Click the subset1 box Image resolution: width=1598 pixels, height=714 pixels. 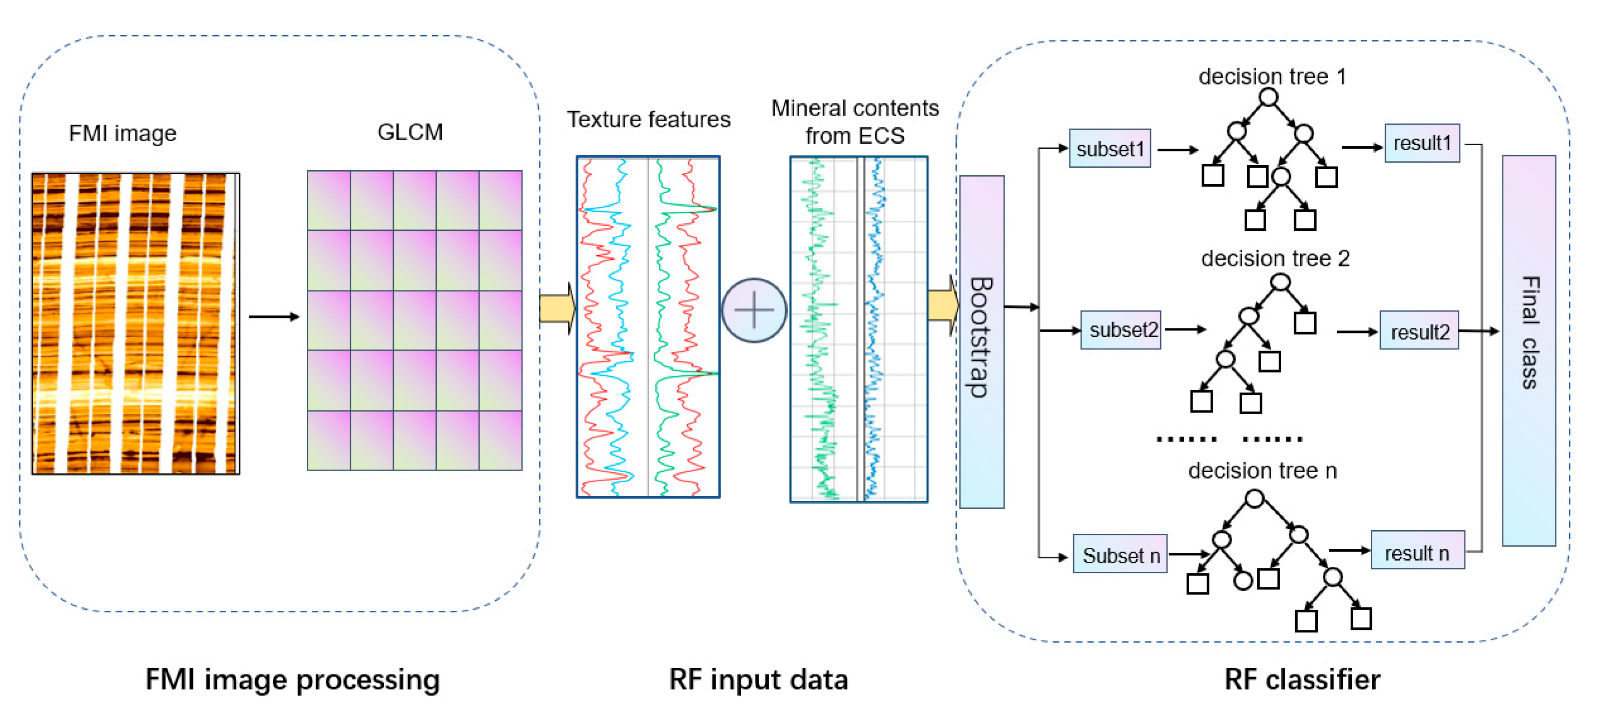pos(1110,148)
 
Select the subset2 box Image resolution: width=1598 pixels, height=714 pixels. pos(1121,329)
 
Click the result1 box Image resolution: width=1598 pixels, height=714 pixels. pos(1422,143)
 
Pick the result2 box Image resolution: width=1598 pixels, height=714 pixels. pos(1419,331)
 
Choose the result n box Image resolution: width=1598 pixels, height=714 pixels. pos(1417,550)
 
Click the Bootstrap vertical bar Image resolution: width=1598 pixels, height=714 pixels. pos(981,341)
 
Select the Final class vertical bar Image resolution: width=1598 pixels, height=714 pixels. pos(1528,351)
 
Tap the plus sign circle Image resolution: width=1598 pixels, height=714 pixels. pos(754,310)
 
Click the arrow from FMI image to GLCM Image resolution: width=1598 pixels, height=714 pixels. pos(274,316)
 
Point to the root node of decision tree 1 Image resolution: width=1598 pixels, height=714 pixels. pos(1269,98)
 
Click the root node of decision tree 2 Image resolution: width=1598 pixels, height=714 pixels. pos(1280,283)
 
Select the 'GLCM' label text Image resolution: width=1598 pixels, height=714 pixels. pos(410,132)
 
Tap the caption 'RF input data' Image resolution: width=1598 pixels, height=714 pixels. pos(758,679)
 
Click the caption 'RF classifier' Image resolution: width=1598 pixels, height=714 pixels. pos(1302,679)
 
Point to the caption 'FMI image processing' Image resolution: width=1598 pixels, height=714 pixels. pos(293,680)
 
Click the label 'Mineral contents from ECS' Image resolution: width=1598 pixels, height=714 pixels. pos(855,122)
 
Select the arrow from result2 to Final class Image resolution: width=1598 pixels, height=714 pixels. pos(1479,331)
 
